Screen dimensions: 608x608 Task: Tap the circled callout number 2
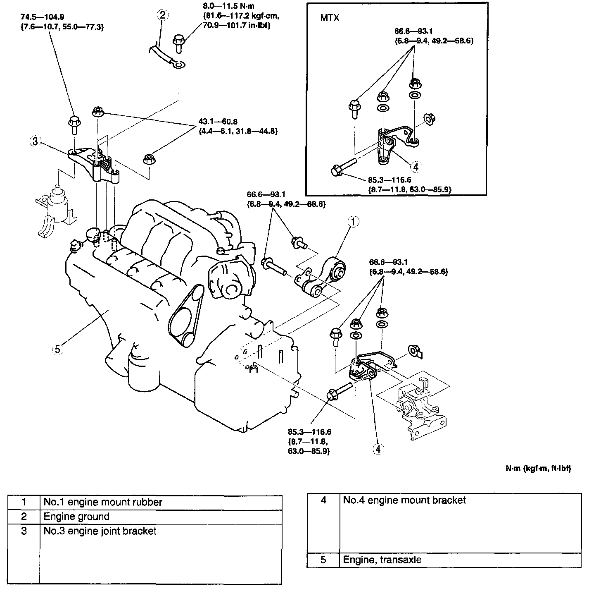coord(162,15)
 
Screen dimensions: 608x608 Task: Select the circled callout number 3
coord(36,142)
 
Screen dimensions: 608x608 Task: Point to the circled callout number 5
coord(57,349)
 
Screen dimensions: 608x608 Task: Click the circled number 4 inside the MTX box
coord(416,167)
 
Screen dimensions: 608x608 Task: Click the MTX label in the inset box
coord(330,18)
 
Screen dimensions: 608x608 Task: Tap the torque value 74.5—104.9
coord(39,17)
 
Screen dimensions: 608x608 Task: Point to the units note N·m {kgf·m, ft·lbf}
coord(538,468)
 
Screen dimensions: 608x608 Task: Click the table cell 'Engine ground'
coord(76,517)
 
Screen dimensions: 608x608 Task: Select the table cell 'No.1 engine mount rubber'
coord(103,502)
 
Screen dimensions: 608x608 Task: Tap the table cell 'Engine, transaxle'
coord(382,560)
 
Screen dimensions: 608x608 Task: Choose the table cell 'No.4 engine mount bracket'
coord(404,500)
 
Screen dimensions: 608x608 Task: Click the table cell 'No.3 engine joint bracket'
coord(100,531)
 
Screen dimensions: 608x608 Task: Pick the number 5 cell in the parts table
coord(323,560)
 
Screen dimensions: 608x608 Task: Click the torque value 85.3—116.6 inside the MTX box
coord(389,180)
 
